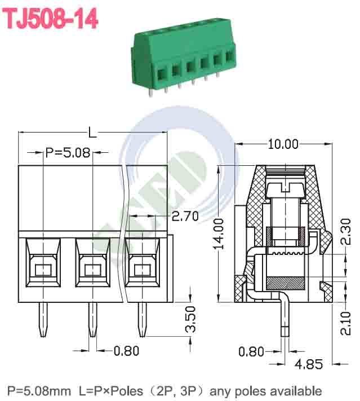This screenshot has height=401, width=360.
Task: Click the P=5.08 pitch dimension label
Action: click(x=68, y=152)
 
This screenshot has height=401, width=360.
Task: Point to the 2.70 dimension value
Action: click(x=185, y=216)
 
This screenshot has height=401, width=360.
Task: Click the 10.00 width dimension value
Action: click(x=283, y=144)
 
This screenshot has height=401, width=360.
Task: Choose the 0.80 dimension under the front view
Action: click(x=126, y=351)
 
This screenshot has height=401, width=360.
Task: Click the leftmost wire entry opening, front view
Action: click(x=43, y=270)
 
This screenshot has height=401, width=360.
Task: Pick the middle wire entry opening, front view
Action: click(x=92, y=270)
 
